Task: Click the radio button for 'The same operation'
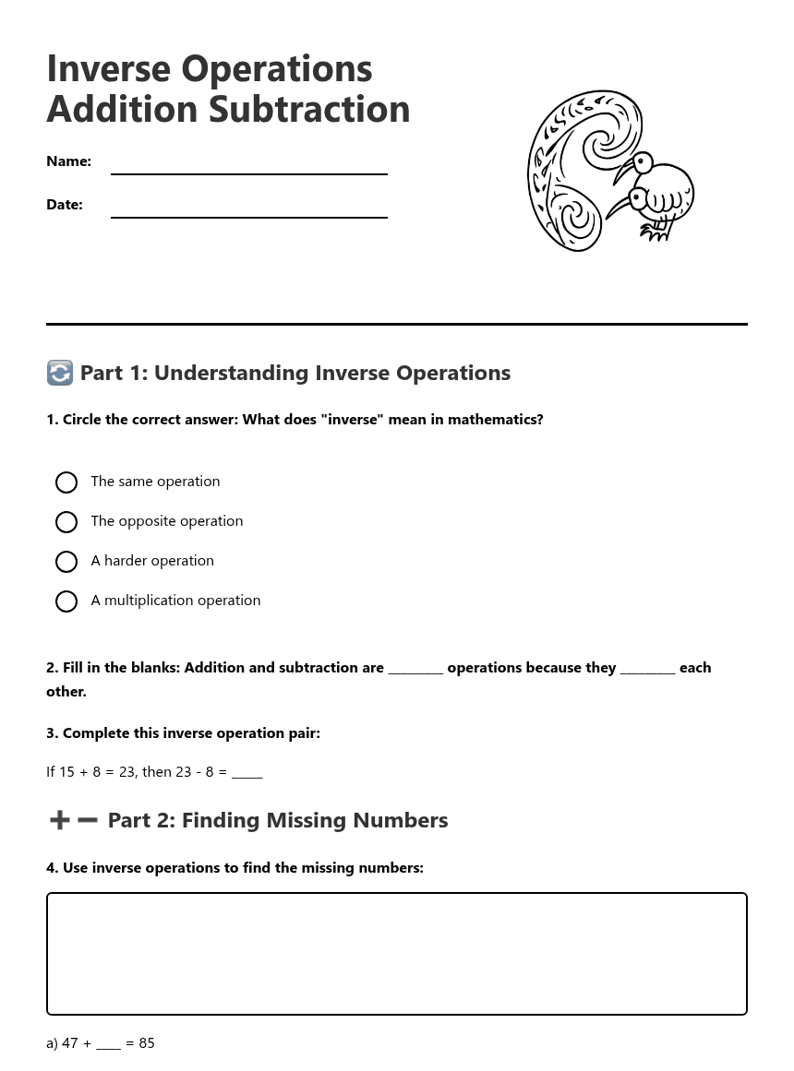(66, 482)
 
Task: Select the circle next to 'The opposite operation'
(66, 522)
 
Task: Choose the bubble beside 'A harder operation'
(66, 562)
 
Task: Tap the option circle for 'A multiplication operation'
(66, 601)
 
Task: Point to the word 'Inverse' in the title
(109, 69)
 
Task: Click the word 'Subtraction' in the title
(309, 109)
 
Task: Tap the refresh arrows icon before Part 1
(60, 373)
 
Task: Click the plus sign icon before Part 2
(59, 820)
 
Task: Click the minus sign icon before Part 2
(87, 820)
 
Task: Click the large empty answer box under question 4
(396, 953)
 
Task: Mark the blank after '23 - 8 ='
(247, 773)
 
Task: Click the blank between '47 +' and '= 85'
(108, 1044)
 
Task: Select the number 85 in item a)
(147, 1043)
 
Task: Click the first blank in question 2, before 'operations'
(415, 670)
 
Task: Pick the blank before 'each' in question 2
(647, 670)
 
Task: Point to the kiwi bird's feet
(656, 234)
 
